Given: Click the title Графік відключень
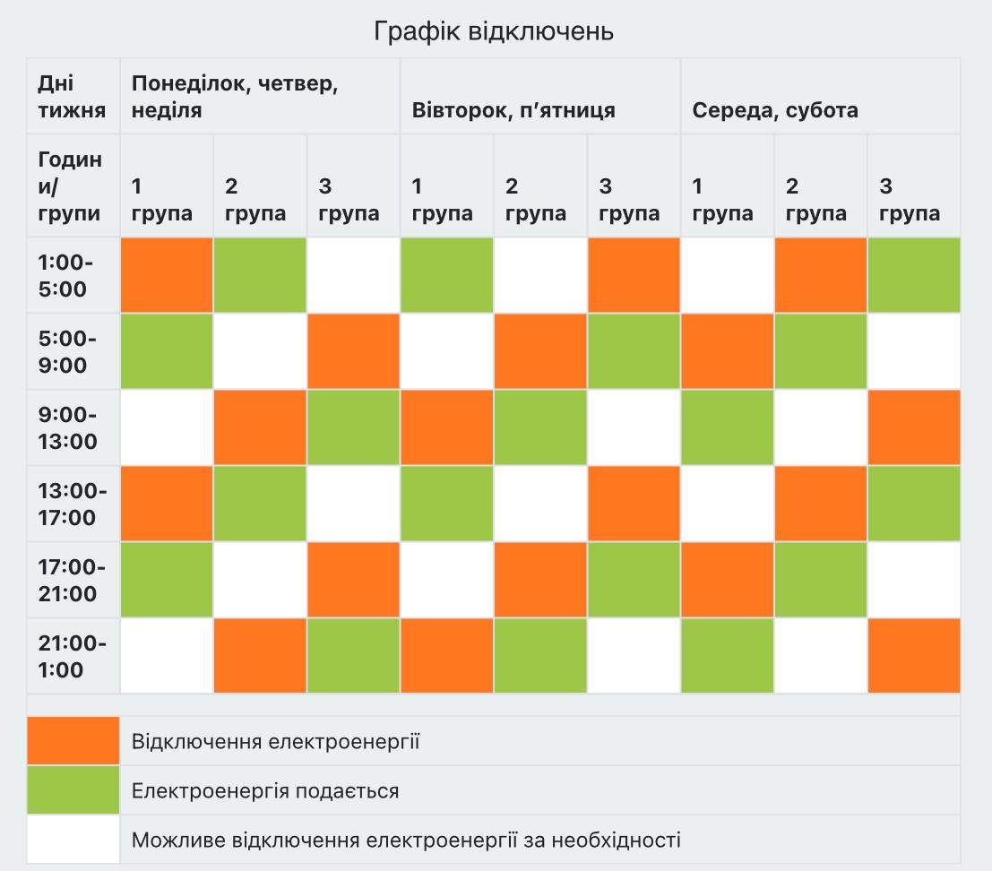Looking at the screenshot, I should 494,31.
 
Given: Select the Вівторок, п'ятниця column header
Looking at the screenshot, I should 513,110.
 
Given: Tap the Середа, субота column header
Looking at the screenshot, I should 775,110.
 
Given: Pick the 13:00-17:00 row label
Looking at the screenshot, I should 73,504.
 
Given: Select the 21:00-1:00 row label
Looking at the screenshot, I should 73,656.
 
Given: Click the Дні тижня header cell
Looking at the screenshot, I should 72,97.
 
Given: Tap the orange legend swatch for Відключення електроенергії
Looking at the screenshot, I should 73,741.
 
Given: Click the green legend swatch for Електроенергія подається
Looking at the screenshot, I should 73,790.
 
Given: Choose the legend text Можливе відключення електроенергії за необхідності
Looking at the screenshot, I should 406,840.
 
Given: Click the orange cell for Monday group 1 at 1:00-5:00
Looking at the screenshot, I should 167,275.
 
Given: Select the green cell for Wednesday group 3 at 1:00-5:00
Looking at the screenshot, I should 913,275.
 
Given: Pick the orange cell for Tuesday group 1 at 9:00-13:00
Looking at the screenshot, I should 446,427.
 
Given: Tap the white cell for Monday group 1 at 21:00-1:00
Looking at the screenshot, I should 167,656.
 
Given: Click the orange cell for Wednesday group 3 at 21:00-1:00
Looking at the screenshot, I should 913,656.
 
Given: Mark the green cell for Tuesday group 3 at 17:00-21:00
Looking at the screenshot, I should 633,580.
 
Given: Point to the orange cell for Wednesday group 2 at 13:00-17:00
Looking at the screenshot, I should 820,504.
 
